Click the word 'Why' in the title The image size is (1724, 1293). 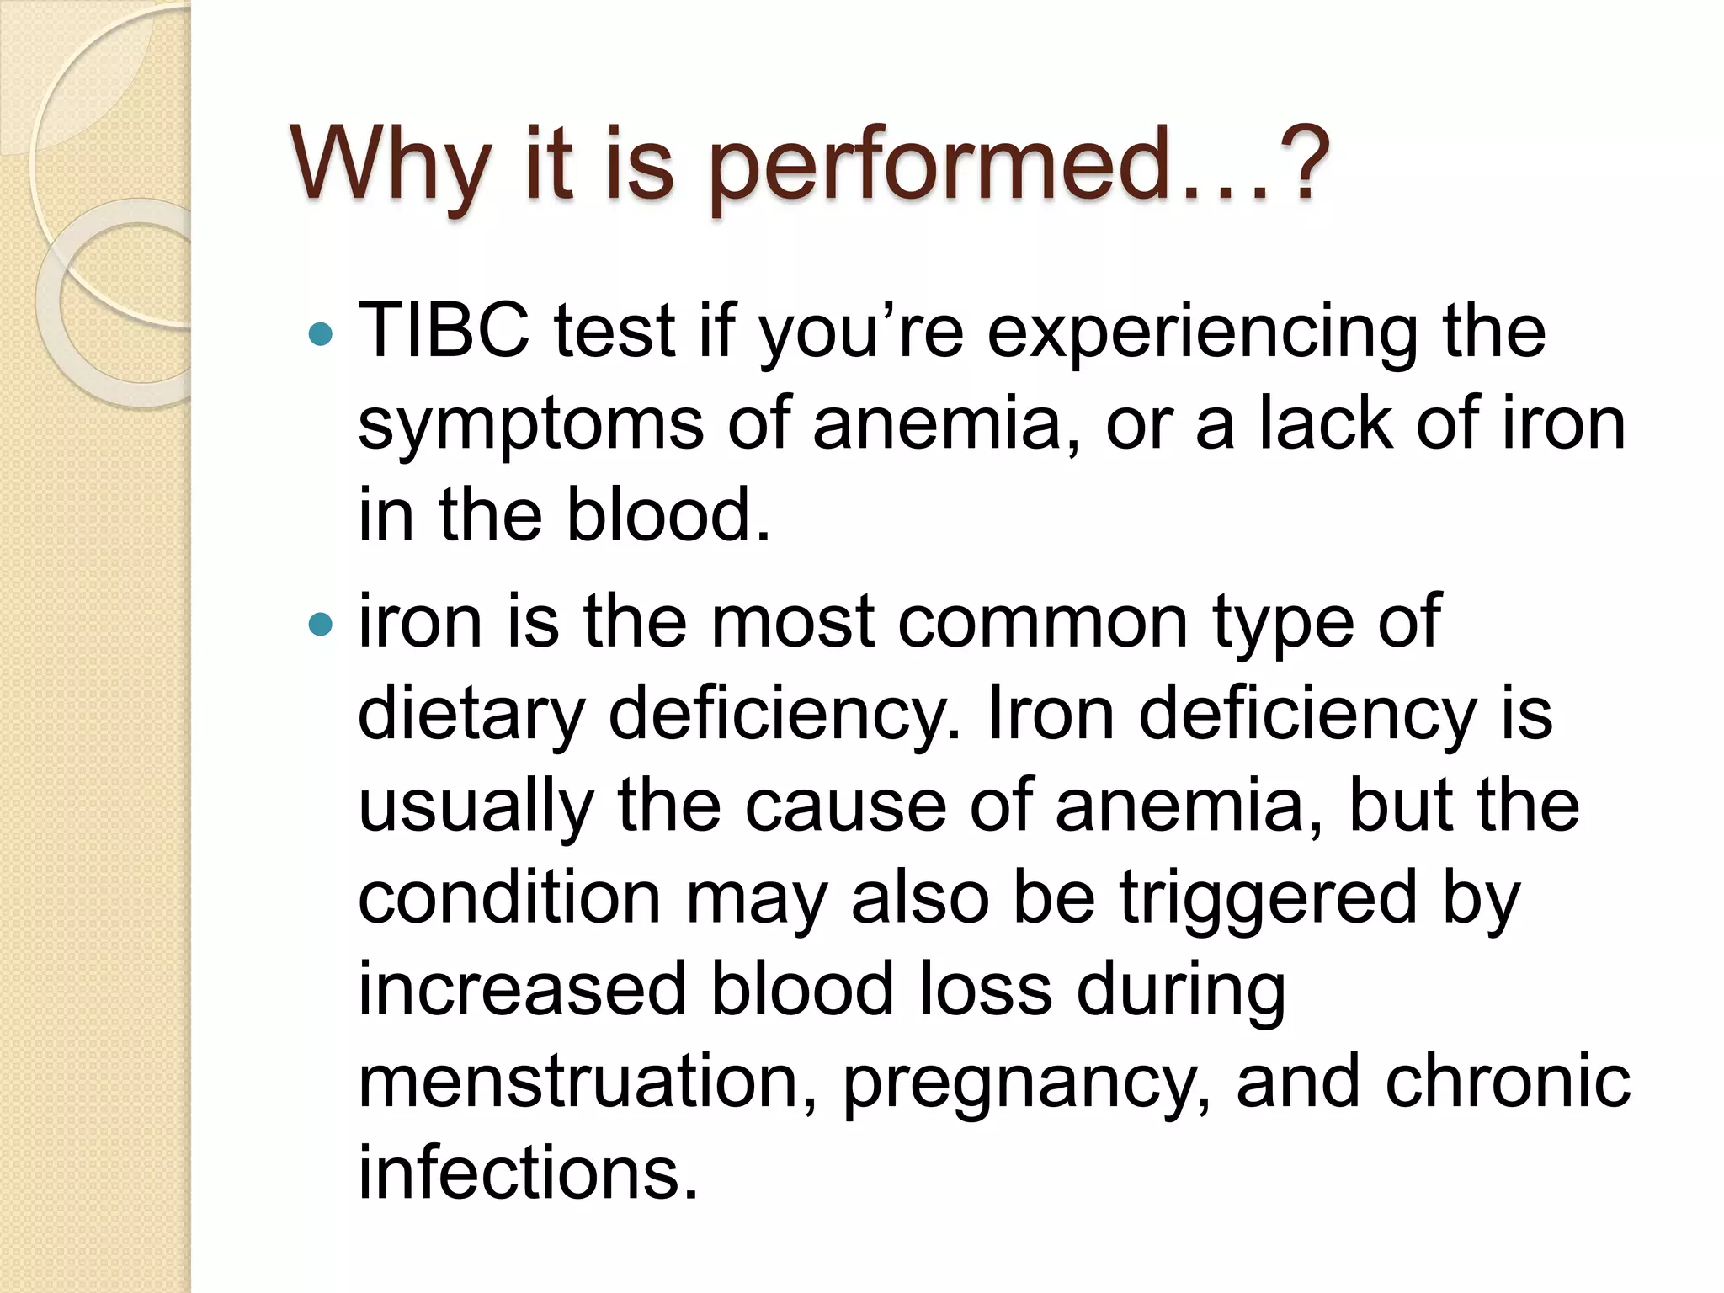(x=391, y=163)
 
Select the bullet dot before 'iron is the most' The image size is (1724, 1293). (x=321, y=625)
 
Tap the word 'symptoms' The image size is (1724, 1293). (x=530, y=425)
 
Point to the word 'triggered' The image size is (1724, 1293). (x=1268, y=899)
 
